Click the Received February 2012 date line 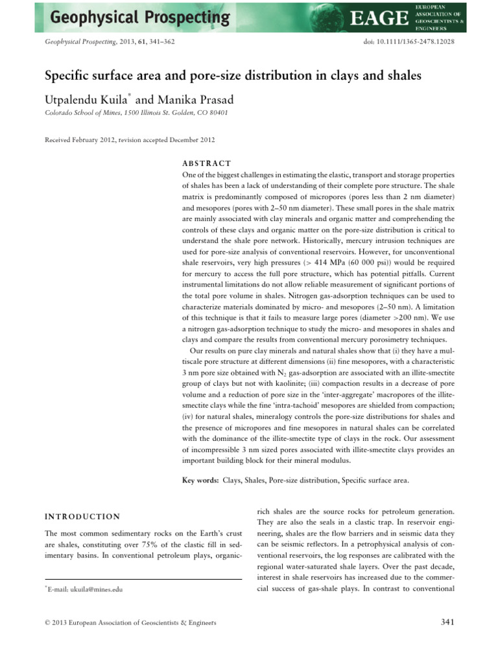click(x=129, y=139)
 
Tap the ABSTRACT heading click(x=204, y=163)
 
